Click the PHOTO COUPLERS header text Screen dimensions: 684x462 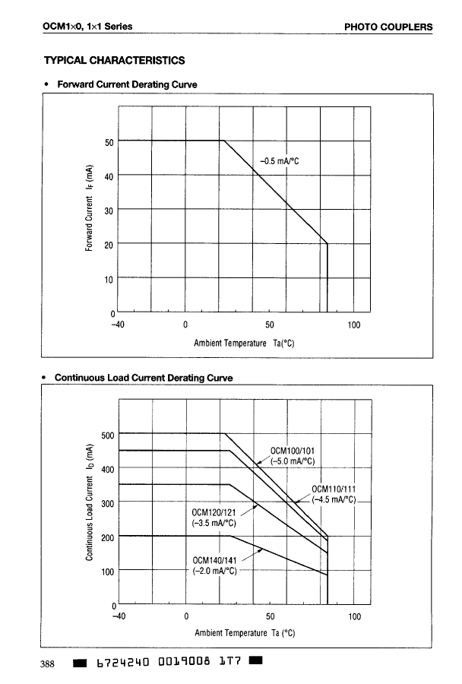(x=388, y=27)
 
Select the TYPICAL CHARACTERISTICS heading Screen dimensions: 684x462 (x=114, y=60)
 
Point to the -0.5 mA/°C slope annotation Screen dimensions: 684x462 (x=281, y=160)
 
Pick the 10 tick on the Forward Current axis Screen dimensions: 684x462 (x=109, y=279)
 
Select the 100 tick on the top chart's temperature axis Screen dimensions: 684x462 (x=353, y=325)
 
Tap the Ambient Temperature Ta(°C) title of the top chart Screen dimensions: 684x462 (x=244, y=343)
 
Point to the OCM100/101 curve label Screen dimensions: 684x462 (x=293, y=450)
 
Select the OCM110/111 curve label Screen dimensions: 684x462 (x=334, y=489)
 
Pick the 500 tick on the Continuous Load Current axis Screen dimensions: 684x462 (x=106, y=435)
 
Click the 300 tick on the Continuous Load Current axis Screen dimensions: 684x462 (x=106, y=504)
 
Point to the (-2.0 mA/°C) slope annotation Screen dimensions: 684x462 (x=215, y=571)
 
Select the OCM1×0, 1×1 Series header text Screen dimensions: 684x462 (x=88, y=27)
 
